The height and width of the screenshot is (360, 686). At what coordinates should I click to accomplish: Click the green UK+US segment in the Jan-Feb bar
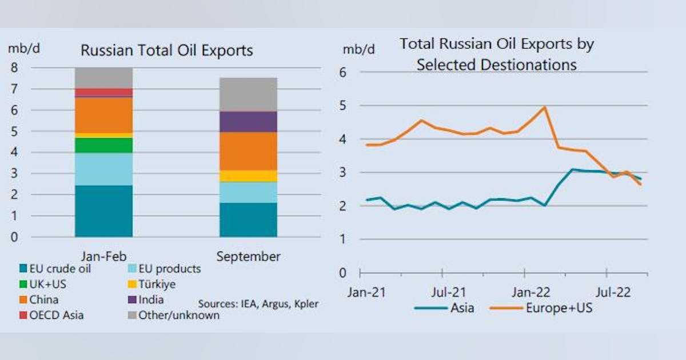[103, 145]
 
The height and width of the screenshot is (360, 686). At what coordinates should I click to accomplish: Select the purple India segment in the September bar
[248, 121]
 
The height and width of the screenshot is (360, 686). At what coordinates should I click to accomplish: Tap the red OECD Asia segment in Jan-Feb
[103, 92]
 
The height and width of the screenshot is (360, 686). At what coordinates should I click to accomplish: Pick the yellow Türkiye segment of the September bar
[248, 175]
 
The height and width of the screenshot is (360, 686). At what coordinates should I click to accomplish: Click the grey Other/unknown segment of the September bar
[248, 94]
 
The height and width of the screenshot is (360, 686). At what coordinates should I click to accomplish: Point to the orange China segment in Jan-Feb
[103, 114]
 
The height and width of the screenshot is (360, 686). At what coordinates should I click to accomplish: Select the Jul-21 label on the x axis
[448, 293]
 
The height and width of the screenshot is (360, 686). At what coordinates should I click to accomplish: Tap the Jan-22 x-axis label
[532, 293]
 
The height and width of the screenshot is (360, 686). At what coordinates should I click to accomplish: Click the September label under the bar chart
[248, 257]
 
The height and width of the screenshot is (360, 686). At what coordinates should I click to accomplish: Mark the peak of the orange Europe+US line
[544, 107]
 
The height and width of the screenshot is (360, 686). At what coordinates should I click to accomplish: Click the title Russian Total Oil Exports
[166, 50]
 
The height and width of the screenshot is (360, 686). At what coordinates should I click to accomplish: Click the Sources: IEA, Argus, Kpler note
[258, 303]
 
